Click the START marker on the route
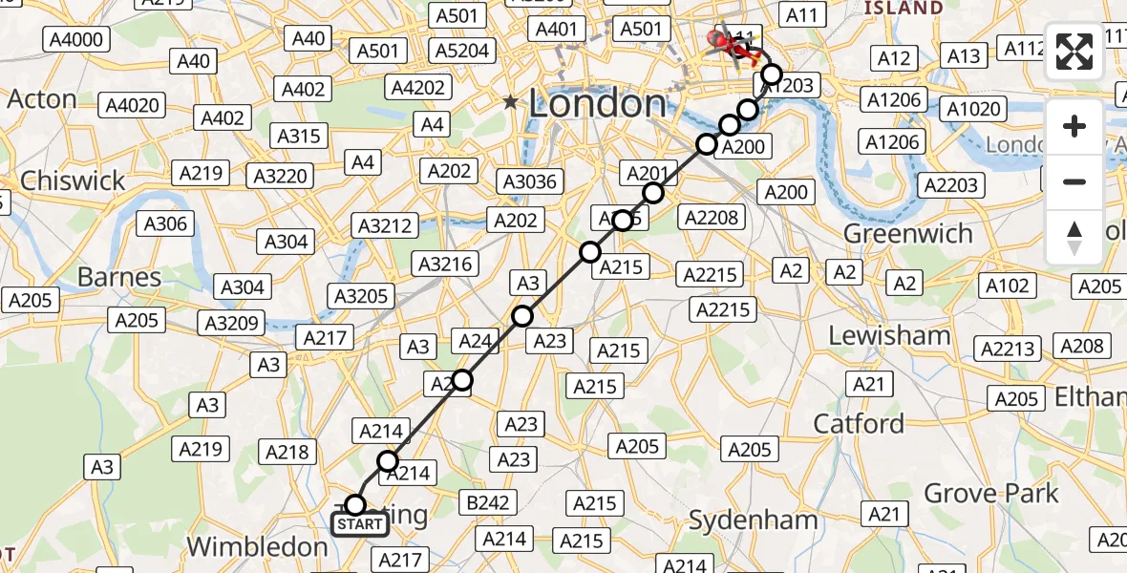coord(359,524)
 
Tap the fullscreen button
coord(1074,52)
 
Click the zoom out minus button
coord(1074,181)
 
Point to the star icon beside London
coord(512,102)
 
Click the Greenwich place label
coord(908,234)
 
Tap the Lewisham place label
coord(889,335)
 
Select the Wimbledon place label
coord(257,547)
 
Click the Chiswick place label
coord(73,180)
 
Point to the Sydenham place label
coord(754,520)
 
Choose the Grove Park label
coord(991,494)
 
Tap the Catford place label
coord(859,423)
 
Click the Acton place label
coord(42,99)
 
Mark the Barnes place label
coord(119,278)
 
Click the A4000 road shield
coord(76,40)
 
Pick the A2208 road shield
coord(712,218)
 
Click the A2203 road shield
coord(950,185)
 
